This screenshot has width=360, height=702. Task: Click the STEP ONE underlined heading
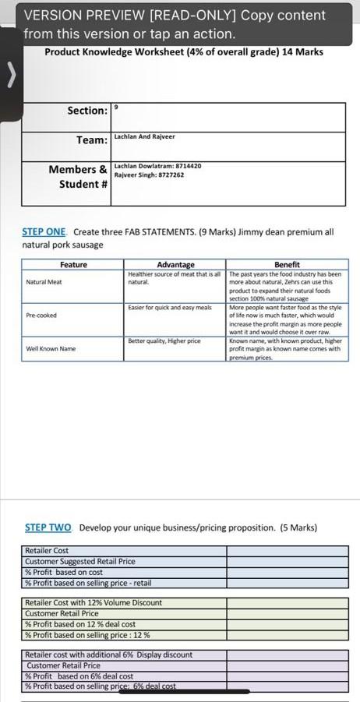44,231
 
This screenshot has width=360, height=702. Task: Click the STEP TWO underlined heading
48,527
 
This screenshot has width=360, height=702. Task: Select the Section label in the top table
87,111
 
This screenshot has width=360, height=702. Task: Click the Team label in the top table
92,140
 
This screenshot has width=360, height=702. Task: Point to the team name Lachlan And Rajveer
144,136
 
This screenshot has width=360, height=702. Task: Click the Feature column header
74,265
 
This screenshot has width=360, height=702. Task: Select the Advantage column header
175,265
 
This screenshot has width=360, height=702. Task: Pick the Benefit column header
287,265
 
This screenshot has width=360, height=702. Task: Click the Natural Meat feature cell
44,281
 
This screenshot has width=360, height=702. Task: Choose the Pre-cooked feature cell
41,315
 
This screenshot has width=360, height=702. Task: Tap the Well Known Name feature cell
51,348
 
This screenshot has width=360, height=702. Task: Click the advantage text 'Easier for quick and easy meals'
170,309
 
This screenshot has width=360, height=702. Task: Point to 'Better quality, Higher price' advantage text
164,341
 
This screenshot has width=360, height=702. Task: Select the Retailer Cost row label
47,551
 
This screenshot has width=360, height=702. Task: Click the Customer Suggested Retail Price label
79,561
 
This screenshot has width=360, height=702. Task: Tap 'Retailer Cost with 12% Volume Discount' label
94,602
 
